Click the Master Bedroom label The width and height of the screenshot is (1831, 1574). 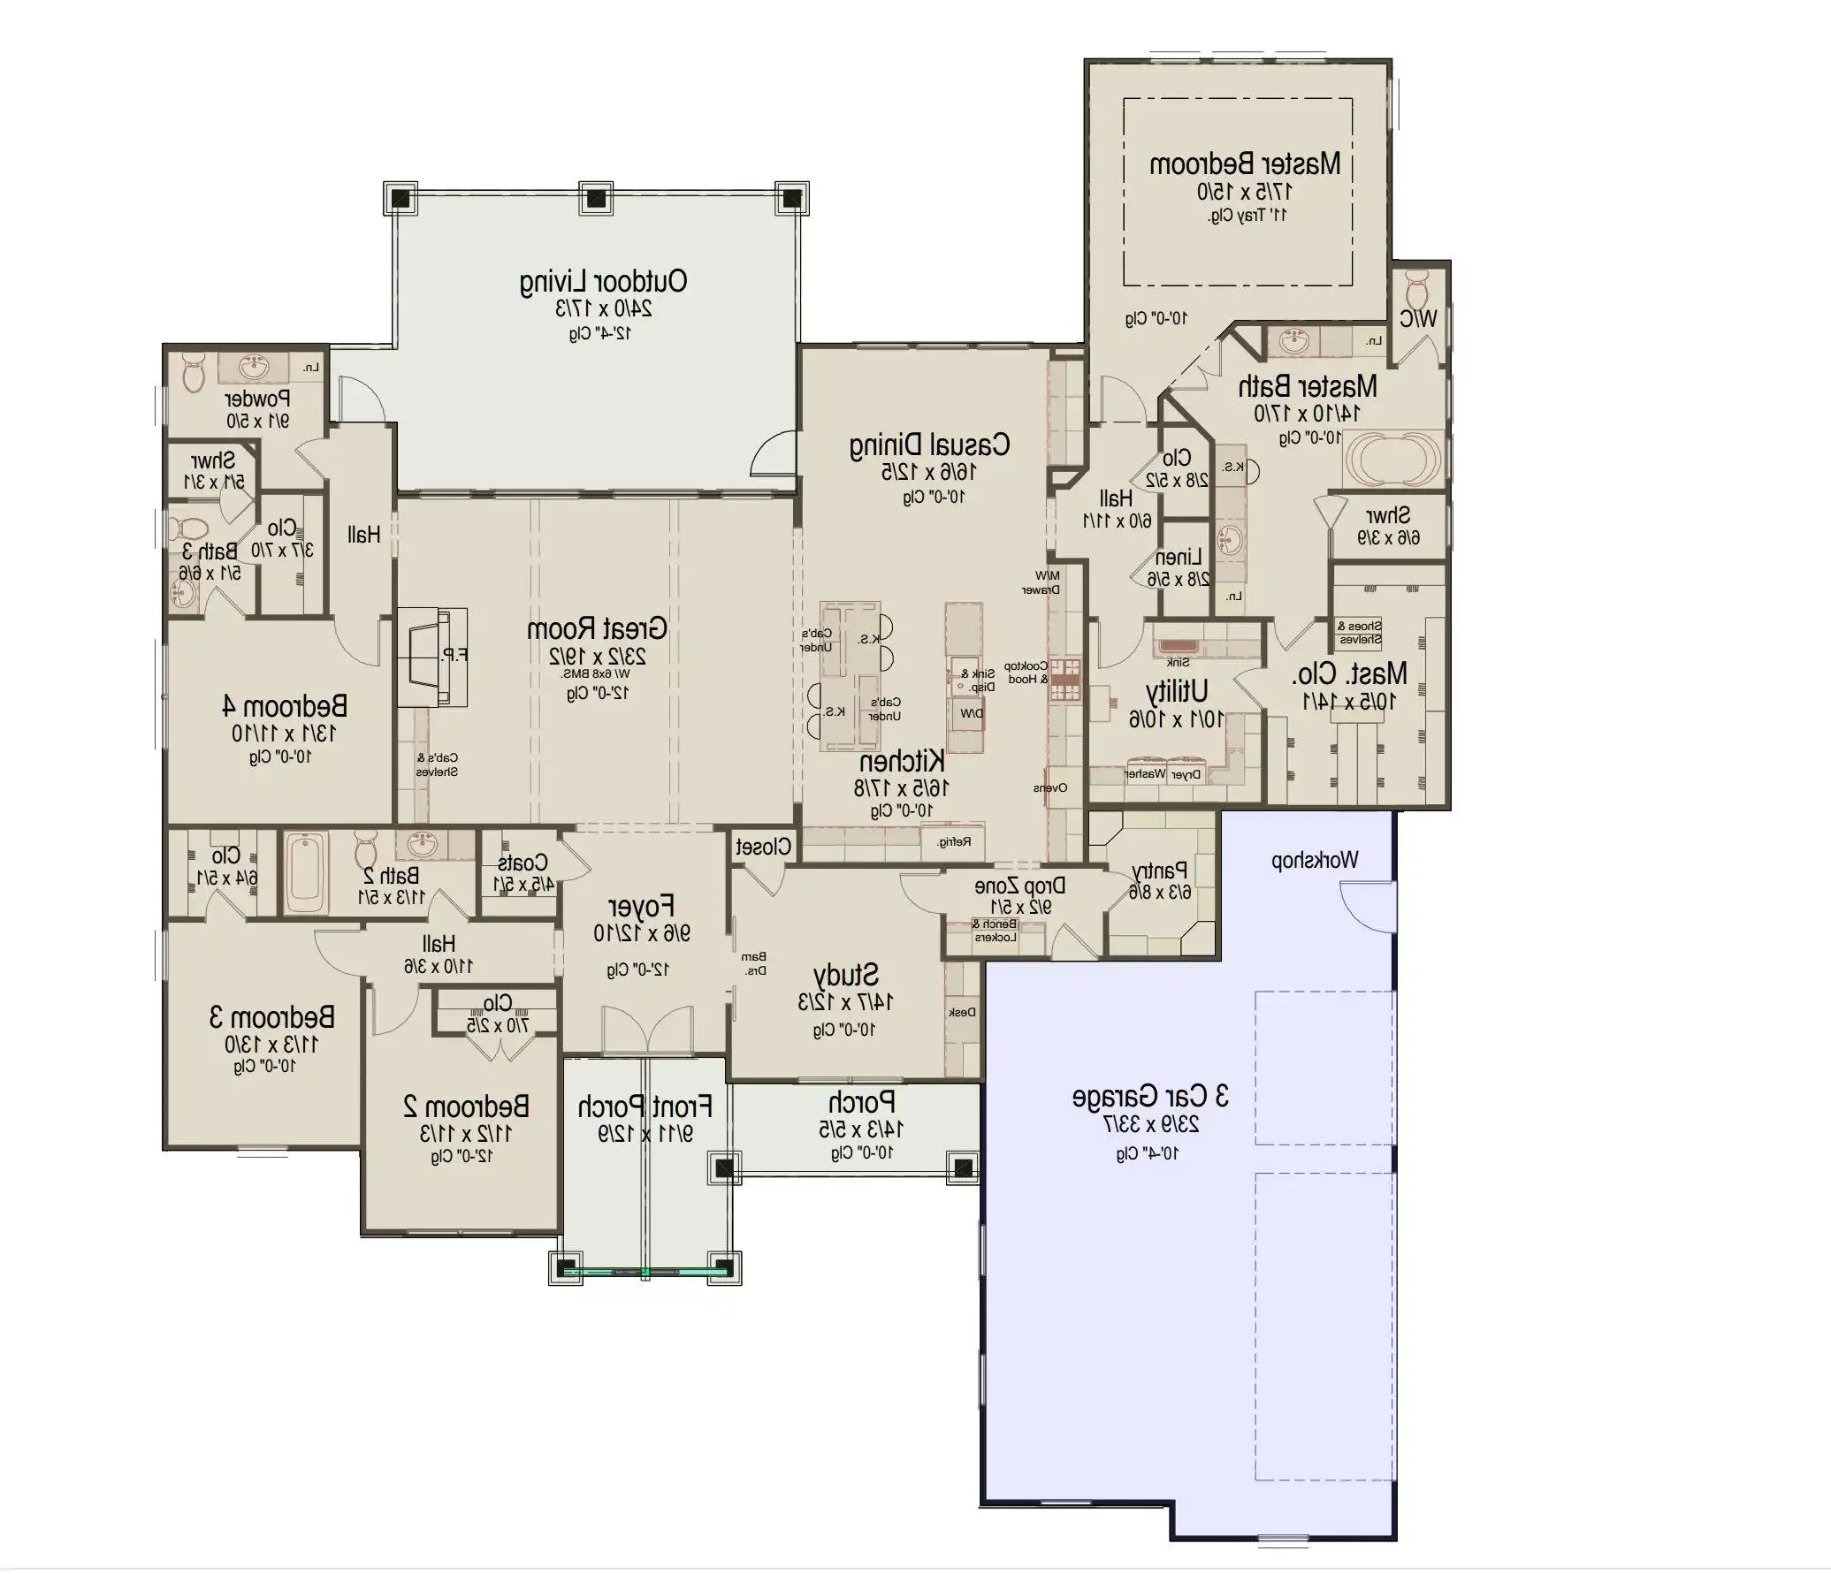click(1244, 164)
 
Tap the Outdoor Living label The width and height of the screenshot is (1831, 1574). click(603, 282)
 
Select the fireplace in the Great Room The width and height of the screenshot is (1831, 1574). click(431, 655)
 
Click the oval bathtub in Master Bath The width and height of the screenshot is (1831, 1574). click(1392, 458)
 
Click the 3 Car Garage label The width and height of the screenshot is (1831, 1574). click(1150, 1097)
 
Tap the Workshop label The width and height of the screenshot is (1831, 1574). click(1315, 860)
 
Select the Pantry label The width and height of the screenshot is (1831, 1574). click(1160, 871)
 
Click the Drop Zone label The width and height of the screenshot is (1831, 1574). click(1019, 886)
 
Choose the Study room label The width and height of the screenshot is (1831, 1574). click(845, 975)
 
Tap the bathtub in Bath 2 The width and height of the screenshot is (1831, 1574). click(307, 871)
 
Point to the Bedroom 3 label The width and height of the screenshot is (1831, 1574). click(271, 1017)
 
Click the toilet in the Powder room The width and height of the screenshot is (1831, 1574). click(194, 372)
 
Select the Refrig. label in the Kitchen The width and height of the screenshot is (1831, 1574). click(954, 842)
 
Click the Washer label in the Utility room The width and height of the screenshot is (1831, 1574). click(1144, 774)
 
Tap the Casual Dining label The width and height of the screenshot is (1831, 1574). click(929, 445)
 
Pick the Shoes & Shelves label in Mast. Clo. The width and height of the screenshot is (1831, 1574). click(1360, 632)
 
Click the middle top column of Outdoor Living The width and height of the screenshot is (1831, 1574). click(596, 197)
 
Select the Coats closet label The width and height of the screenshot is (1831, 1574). click(523, 862)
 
